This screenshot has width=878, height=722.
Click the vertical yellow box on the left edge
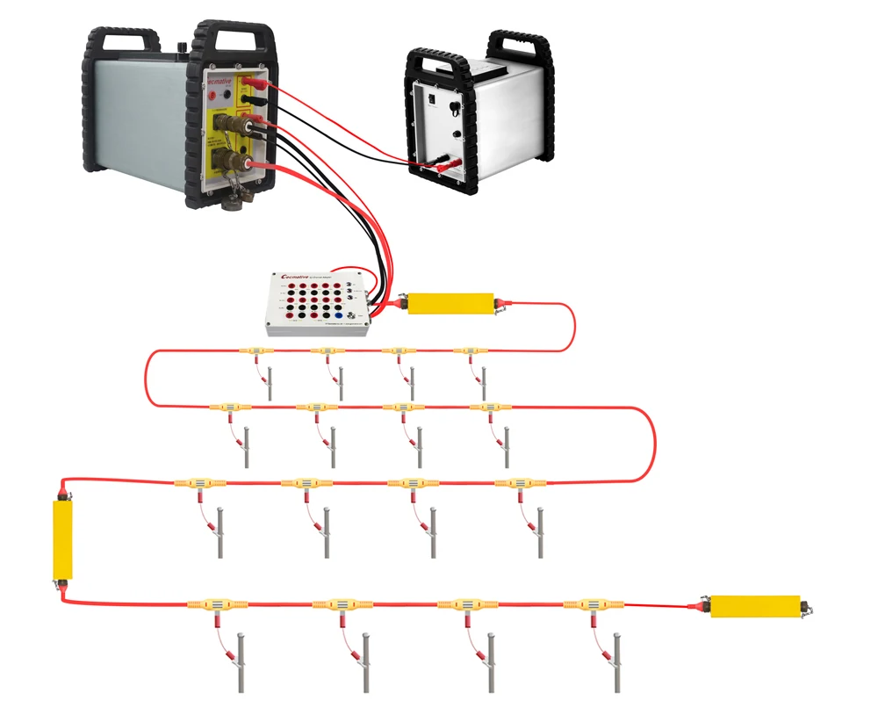[62, 539]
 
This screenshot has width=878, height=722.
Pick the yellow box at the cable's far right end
[754, 606]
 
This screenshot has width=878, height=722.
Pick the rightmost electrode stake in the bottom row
[618, 663]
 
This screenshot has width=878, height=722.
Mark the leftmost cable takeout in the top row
[254, 351]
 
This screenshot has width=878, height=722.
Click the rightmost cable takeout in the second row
[487, 408]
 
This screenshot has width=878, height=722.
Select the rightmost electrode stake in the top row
[484, 384]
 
